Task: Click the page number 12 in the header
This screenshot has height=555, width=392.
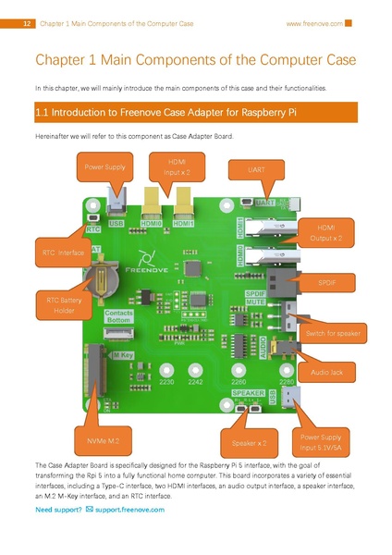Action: (x=27, y=23)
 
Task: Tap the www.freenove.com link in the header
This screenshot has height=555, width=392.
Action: (x=313, y=23)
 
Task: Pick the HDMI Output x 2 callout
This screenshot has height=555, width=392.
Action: (x=328, y=232)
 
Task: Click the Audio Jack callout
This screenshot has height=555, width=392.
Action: (x=326, y=372)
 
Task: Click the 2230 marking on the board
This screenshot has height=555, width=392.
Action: (x=166, y=381)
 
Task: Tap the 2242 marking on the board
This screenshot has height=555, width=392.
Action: (x=194, y=381)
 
